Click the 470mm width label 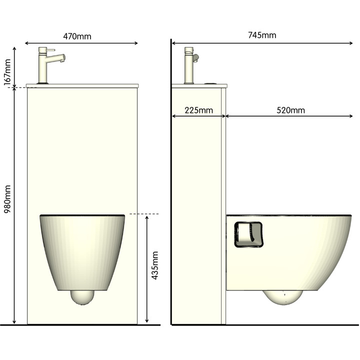(x=77, y=36)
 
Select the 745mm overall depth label (x=262, y=35)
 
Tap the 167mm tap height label (x=7, y=72)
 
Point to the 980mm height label (x=7, y=199)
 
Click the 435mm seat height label (x=155, y=265)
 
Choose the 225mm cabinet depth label (x=199, y=110)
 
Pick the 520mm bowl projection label (x=290, y=110)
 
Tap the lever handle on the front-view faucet (x=50, y=50)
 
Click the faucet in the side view (x=189, y=65)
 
